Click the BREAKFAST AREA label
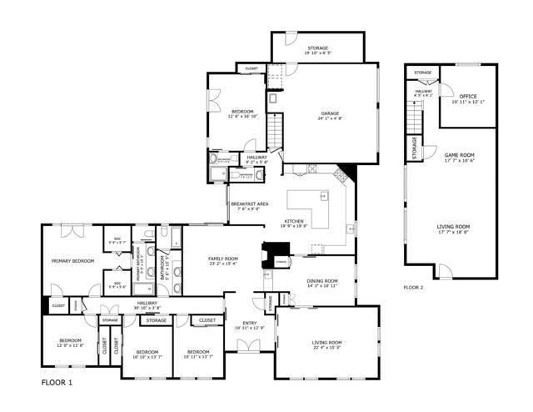pos(249,203)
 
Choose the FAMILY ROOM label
pos(223,259)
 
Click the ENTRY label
pos(250,323)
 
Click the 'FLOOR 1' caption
pos(57,382)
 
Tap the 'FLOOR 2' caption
pos(414,287)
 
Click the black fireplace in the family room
pos(275,253)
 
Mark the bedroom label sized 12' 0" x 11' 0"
pos(70,344)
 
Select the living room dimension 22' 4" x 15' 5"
pos(326,347)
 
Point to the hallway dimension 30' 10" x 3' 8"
pos(147,308)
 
